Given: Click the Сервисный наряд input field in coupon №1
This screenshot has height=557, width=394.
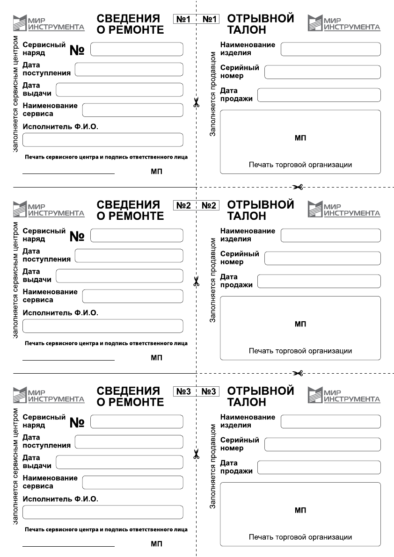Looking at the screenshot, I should [137, 49].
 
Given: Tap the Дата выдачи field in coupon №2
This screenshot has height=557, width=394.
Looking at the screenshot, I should [119, 276].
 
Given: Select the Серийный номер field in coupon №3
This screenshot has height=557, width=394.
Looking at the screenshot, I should [322, 444].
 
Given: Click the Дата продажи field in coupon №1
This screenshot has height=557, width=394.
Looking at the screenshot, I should [319, 95].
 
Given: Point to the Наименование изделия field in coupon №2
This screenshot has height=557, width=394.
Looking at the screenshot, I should [330, 235].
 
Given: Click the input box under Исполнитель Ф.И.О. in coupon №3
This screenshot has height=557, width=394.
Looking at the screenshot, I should [102, 512].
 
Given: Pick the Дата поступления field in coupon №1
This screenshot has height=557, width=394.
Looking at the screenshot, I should [129, 69].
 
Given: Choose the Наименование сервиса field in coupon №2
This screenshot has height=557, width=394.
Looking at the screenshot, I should [132, 296].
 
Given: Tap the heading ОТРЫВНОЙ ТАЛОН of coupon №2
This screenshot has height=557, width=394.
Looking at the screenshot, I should [260, 210].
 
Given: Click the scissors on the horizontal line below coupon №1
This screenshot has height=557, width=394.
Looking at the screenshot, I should [298, 187].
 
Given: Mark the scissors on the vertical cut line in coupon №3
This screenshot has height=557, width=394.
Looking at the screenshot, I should [196, 454].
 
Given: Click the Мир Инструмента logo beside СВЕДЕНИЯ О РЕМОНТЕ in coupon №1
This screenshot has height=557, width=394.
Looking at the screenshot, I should [49, 22].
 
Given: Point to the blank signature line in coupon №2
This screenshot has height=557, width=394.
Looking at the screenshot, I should [68, 360].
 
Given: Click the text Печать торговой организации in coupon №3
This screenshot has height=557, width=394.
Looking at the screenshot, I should [300, 537].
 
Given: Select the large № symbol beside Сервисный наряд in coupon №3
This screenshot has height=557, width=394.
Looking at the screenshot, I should [77, 423].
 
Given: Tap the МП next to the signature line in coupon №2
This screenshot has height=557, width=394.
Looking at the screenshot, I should [156, 358].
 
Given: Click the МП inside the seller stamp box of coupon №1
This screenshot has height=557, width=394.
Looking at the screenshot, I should [300, 138].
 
